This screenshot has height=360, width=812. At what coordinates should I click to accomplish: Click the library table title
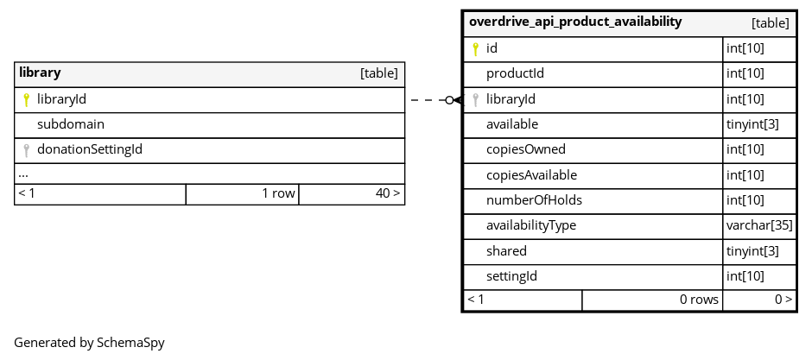click(40, 73)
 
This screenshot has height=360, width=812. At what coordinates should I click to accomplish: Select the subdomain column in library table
click(71, 124)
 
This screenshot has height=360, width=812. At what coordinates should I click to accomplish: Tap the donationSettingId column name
click(90, 149)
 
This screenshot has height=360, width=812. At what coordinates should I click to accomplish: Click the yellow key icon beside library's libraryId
click(27, 99)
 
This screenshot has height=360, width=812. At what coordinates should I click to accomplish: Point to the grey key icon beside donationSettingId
click(27, 150)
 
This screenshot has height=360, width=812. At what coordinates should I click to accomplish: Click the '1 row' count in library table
click(278, 193)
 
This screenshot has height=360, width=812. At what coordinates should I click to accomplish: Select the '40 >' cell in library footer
click(387, 193)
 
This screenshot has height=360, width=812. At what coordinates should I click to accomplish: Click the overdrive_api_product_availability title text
click(575, 22)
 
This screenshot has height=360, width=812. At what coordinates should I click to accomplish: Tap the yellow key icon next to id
click(475, 49)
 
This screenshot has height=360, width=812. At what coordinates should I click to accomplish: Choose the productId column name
click(515, 73)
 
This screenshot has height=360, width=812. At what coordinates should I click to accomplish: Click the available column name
click(512, 124)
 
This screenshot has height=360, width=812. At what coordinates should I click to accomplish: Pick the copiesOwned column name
click(525, 149)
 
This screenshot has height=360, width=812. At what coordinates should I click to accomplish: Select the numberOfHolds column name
click(534, 200)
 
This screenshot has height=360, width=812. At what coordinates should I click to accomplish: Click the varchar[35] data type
click(759, 225)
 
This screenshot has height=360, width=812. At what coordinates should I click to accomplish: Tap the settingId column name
click(511, 276)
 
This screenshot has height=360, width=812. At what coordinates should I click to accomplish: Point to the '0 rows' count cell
click(699, 300)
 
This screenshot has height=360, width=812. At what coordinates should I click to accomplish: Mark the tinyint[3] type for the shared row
click(752, 251)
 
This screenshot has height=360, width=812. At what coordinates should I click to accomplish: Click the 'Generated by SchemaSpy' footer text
click(89, 343)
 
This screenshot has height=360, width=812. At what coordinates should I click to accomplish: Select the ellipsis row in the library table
click(22, 175)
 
